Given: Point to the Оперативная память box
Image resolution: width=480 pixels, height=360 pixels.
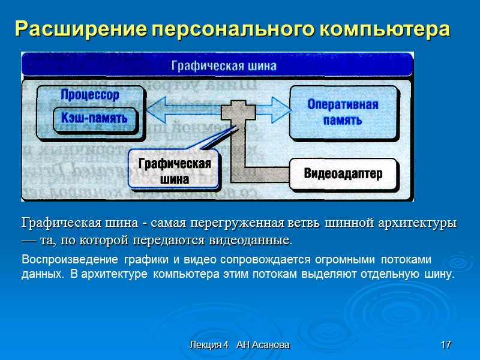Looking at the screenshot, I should pos(343,112).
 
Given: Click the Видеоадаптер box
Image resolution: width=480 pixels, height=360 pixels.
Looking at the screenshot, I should pos(343,174).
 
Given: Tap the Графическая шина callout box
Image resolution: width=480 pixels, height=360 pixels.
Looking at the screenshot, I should pos(175,171).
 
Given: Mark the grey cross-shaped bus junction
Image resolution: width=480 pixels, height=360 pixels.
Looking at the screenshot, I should pos(238,113).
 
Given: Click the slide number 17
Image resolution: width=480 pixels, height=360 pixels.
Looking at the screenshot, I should pos(445,345).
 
